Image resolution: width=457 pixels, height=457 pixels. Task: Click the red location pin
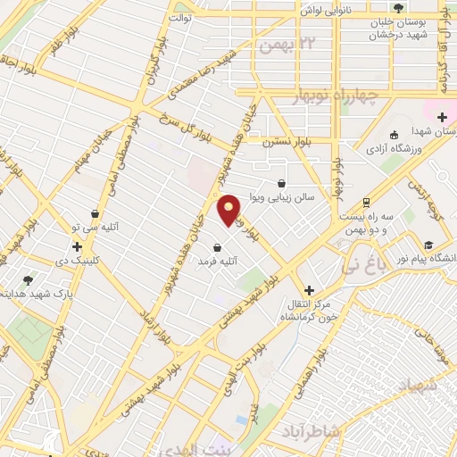(x=228, y=209)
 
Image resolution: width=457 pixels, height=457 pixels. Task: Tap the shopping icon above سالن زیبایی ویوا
(x=282, y=183)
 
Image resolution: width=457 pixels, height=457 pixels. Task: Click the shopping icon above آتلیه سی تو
(x=96, y=213)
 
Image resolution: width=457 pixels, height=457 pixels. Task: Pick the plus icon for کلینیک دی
(x=78, y=246)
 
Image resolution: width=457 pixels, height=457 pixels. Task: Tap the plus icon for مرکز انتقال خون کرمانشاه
(x=310, y=290)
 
